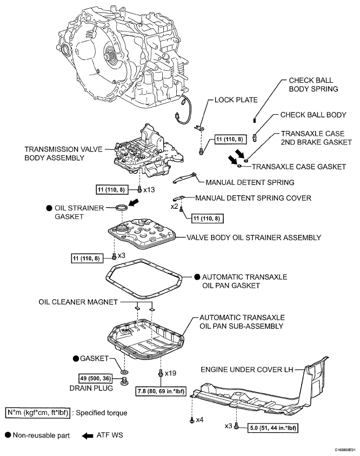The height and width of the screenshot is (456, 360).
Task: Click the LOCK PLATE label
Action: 236,100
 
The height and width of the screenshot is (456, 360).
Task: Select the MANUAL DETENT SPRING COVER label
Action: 253,198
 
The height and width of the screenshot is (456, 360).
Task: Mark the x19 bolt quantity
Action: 171,373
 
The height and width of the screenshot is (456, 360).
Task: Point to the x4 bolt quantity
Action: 199,420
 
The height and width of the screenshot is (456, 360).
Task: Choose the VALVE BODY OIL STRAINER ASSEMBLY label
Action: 254,237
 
